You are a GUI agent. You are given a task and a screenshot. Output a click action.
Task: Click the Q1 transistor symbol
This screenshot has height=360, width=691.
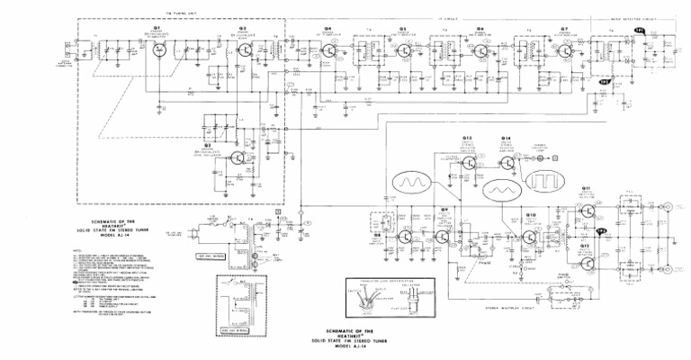158,48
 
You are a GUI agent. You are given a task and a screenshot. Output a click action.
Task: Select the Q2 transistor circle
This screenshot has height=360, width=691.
242,49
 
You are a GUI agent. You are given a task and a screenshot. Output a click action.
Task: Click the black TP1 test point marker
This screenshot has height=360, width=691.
641,31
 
